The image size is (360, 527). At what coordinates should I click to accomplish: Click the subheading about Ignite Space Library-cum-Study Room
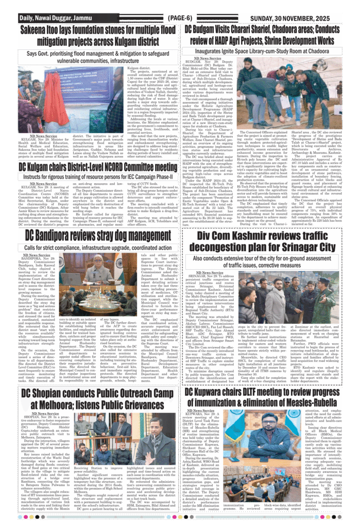pyautogui.click(x=268, y=51)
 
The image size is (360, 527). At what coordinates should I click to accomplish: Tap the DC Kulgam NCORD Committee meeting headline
pyautogui.click(x=98, y=167)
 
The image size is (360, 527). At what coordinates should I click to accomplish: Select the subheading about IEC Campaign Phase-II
pyautogui.click(x=98, y=177)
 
